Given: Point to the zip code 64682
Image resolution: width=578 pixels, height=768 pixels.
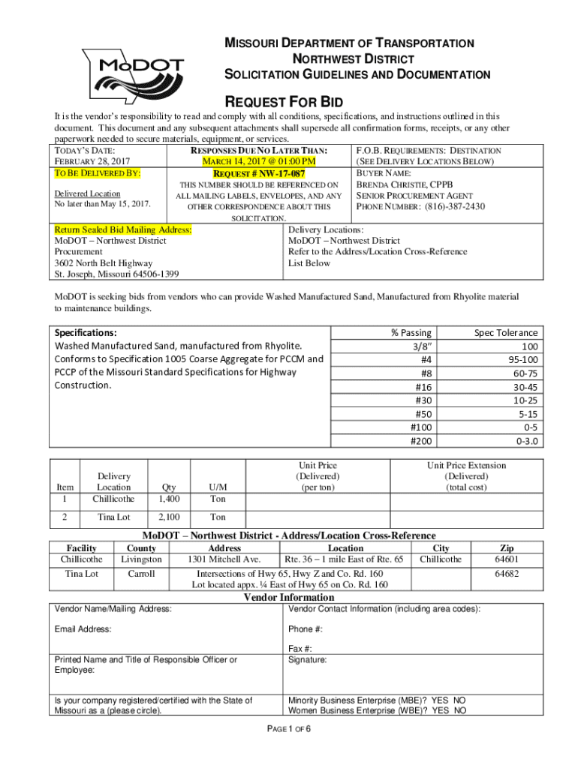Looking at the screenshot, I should click(507, 574).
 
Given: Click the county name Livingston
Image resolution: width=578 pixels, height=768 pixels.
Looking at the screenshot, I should click(141, 559).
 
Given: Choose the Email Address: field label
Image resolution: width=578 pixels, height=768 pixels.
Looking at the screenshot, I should click(83, 629).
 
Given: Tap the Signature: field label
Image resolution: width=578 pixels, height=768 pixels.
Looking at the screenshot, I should click(308, 660).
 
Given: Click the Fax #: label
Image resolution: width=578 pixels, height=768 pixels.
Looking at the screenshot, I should click(300, 649).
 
